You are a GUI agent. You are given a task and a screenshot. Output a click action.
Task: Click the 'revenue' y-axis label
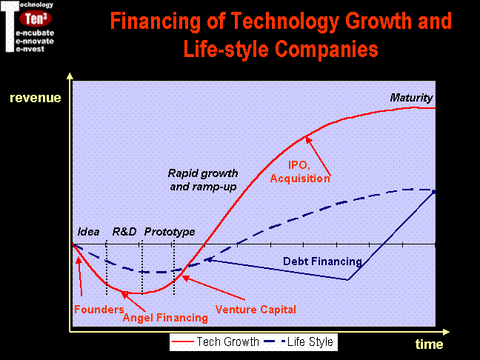(x=36, y=98)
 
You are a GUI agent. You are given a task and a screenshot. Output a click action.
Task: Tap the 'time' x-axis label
(x=429, y=344)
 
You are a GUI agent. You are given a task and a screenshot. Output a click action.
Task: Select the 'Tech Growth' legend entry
(x=216, y=341)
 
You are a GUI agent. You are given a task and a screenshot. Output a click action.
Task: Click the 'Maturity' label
(x=411, y=98)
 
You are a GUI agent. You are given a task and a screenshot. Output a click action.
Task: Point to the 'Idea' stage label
(x=88, y=232)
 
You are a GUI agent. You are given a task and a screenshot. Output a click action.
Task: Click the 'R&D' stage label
(x=124, y=231)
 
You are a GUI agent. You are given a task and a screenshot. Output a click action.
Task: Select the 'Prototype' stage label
(x=170, y=232)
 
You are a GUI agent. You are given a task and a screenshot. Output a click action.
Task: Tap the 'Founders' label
(x=99, y=309)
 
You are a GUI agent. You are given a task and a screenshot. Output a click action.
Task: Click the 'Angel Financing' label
(x=165, y=318)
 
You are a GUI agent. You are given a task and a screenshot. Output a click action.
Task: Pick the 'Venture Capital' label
(x=256, y=310)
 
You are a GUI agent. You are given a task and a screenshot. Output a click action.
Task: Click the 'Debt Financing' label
(x=322, y=261)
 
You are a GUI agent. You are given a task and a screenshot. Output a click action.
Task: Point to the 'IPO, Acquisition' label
(x=300, y=172)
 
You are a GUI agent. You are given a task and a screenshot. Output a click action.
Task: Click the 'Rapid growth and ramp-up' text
(x=203, y=180)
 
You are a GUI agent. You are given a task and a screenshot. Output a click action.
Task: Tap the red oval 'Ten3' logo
(x=36, y=19)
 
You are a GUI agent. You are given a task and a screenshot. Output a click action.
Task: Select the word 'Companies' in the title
(x=327, y=49)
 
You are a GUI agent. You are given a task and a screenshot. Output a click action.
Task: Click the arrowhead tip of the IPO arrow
(x=306, y=136)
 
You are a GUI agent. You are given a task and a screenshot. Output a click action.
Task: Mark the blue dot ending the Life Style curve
(x=433, y=192)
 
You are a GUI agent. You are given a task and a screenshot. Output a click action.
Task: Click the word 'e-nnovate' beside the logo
(x=35, y=41)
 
